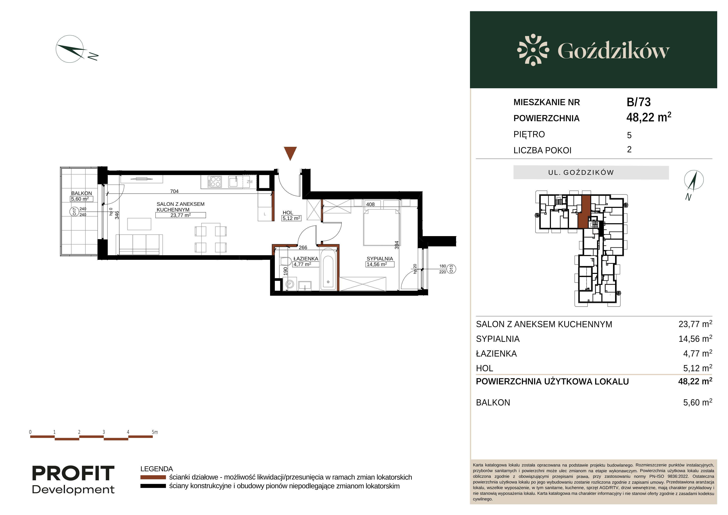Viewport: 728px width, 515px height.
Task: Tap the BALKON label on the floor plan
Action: (x=82, y=193)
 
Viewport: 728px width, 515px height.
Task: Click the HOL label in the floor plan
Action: (x=288, y=212)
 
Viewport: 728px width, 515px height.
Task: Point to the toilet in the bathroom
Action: (x=286, y=261)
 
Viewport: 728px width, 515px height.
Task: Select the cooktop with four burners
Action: (x=215, y=182)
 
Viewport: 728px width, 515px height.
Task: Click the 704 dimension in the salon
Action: (x=174, y=191)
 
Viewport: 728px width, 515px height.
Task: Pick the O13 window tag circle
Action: (x=451, y=269)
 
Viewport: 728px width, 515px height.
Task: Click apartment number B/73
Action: (x=639, y=102)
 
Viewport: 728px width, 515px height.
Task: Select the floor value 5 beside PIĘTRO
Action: (x=629, y=135)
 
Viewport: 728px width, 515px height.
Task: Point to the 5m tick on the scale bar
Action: (x=155, y=432)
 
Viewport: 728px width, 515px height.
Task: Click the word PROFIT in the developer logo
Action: (x=73, y=473)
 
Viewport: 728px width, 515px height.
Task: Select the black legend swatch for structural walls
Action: (x=153, y=486)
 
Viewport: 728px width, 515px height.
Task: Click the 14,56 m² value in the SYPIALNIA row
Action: (x=695, y=339)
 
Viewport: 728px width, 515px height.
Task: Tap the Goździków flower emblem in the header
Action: (x=533, y=50)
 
